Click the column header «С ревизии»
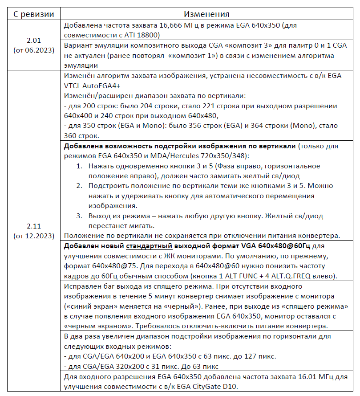click(x=33, y=15)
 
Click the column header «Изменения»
click(x=208, y=15)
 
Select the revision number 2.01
click(x=33, y=40)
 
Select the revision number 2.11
click(x=33, y=226)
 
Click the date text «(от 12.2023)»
click(x=33, y=235)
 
